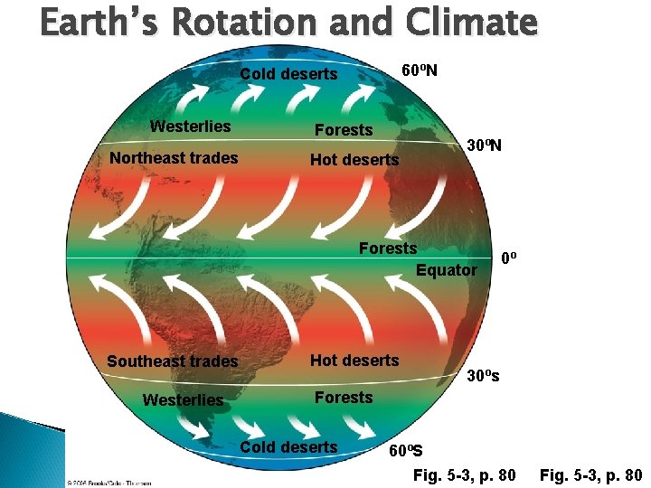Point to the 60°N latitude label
420,70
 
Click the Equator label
446,269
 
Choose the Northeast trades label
174,158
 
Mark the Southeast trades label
173,361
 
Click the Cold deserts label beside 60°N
289,74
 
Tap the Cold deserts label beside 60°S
289,446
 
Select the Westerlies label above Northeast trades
190,127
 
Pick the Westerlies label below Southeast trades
183,399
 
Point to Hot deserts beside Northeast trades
354,160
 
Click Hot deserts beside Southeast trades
354,360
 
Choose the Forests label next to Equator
388,248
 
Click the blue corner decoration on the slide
27,443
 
